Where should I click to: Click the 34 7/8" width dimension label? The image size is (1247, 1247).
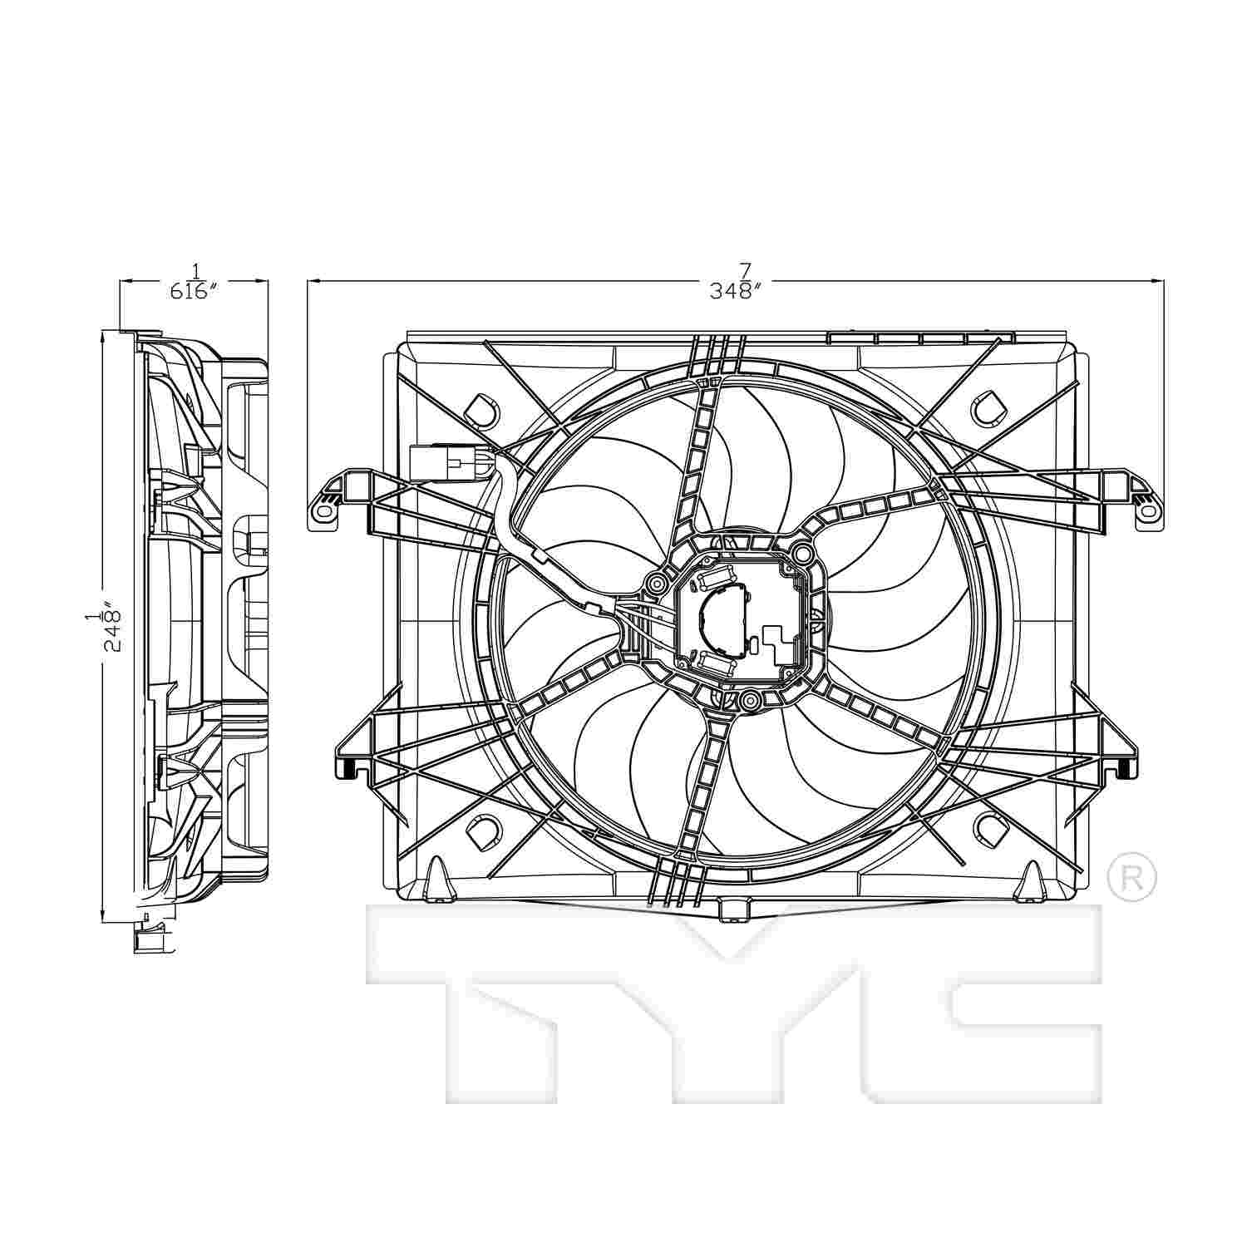point(735,282)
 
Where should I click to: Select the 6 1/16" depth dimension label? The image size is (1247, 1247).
point(194,282)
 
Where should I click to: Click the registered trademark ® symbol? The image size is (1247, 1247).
point(1132,876)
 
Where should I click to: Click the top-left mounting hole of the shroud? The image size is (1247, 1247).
point(481,408)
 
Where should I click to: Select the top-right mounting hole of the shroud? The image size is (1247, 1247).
point(989,407)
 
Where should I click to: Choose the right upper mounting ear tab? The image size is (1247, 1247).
point(1146,505)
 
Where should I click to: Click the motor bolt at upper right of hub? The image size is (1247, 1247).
point(800,553)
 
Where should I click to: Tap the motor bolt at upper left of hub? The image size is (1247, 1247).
point(656,581)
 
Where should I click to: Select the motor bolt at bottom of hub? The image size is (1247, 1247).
point(750,701)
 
